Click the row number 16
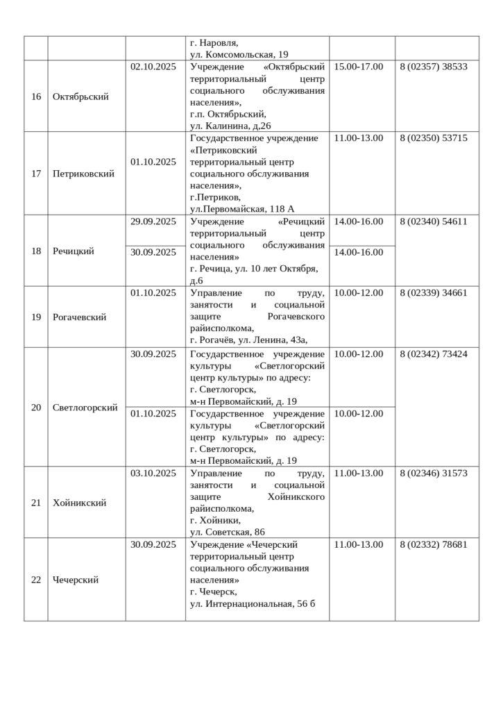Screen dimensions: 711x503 click(x=36, y=97)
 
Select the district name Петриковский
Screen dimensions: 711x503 click(x=83, y=174)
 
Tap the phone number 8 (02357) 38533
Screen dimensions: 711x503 click(x=434, y=67)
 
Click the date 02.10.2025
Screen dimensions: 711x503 click(x=153, y=67)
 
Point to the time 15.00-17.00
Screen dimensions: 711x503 click(x=359, y=67)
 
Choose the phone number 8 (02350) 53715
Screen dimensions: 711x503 click(x=434, y=138)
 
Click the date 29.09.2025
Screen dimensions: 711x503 click(x=153, y=221)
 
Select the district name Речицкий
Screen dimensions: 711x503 click(x=74, y=251)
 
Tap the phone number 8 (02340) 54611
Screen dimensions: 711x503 click(x=434, y=221)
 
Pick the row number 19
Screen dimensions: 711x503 click(x=36, y=317)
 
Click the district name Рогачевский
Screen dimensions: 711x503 click(x=80, y=317)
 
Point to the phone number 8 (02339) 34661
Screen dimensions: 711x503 click(x=434, y=292)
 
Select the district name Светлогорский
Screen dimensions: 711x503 click(x=85, y=407)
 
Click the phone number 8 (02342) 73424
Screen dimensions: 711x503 click(x=434, y=353)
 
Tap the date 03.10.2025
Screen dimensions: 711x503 click(x=153, y=473)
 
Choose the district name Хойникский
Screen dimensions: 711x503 click(x=80, y=503)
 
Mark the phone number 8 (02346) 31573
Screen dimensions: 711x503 click(x=434, y=473)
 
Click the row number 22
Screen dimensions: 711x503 click(x=36, y=580)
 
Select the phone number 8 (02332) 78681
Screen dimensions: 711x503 click(x=434, y=544)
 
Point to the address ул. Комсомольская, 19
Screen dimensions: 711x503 click(x=239, y=53)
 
